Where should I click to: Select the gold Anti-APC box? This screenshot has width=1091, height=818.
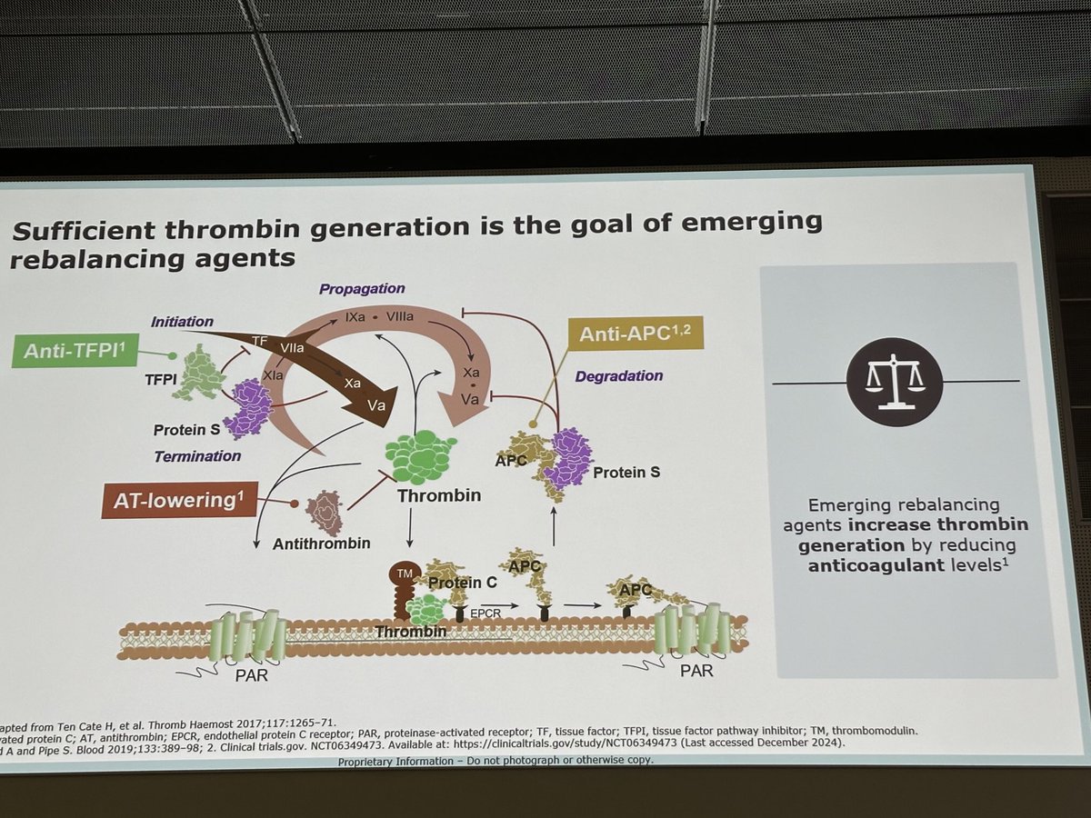coord(633,334)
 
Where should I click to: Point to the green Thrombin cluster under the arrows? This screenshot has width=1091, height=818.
coord(421,455)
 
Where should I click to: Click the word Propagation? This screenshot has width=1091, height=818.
coord(362,288)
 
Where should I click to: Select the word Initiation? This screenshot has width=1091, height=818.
coord(183,321)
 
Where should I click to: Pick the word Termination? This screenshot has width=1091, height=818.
coord(197,455)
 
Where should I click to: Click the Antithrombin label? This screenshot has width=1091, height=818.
coord(322,544)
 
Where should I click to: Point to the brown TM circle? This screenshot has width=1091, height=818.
coord(403,574)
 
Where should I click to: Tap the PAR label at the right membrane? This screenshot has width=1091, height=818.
coord(696,672)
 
